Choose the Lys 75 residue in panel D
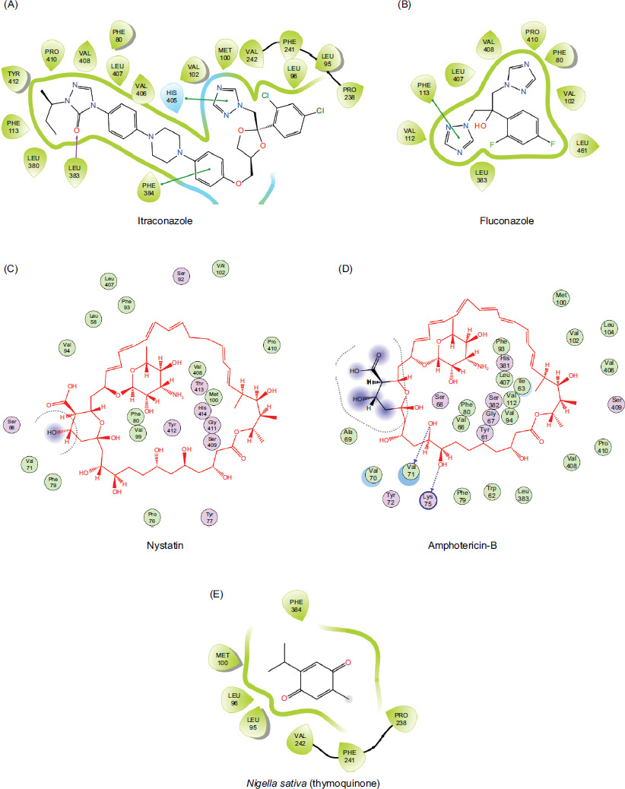(428, 501)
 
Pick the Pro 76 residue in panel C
(152, 518)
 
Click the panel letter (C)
(10, 268)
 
